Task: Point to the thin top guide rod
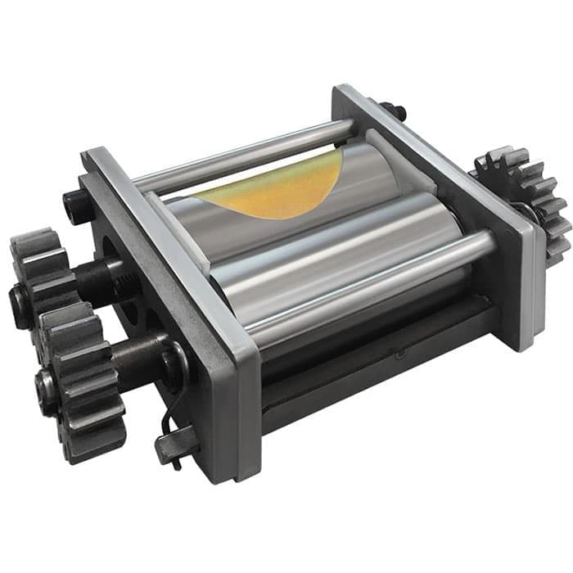pos(246,156)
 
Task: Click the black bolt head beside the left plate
pos(75,205)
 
